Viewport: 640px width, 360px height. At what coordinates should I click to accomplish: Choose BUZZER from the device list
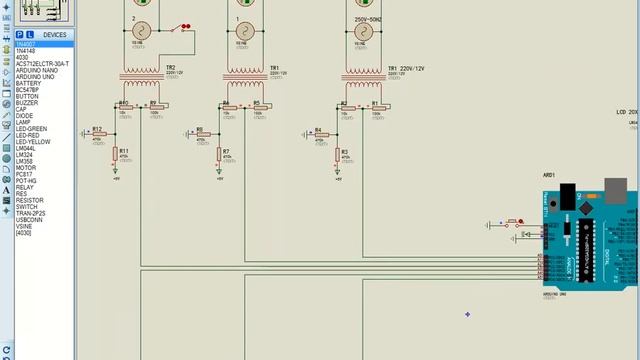click(27, 102)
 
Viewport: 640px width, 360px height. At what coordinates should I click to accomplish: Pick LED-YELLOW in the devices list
click(33, 141)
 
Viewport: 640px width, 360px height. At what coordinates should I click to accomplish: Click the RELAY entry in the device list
click(24, 187)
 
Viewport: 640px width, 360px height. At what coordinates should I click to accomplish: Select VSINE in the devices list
click(24, 226)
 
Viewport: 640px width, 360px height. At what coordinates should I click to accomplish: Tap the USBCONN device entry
click(29, 219)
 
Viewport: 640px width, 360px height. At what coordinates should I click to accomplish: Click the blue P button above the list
click(19, 35)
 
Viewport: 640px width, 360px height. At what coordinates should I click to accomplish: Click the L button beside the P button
click(30, 35)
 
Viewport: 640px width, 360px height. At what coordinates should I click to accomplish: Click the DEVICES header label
click(54, 35)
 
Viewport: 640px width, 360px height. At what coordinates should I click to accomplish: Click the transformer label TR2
click(171, 68)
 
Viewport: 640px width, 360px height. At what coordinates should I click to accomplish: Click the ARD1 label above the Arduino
click(549, 175)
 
